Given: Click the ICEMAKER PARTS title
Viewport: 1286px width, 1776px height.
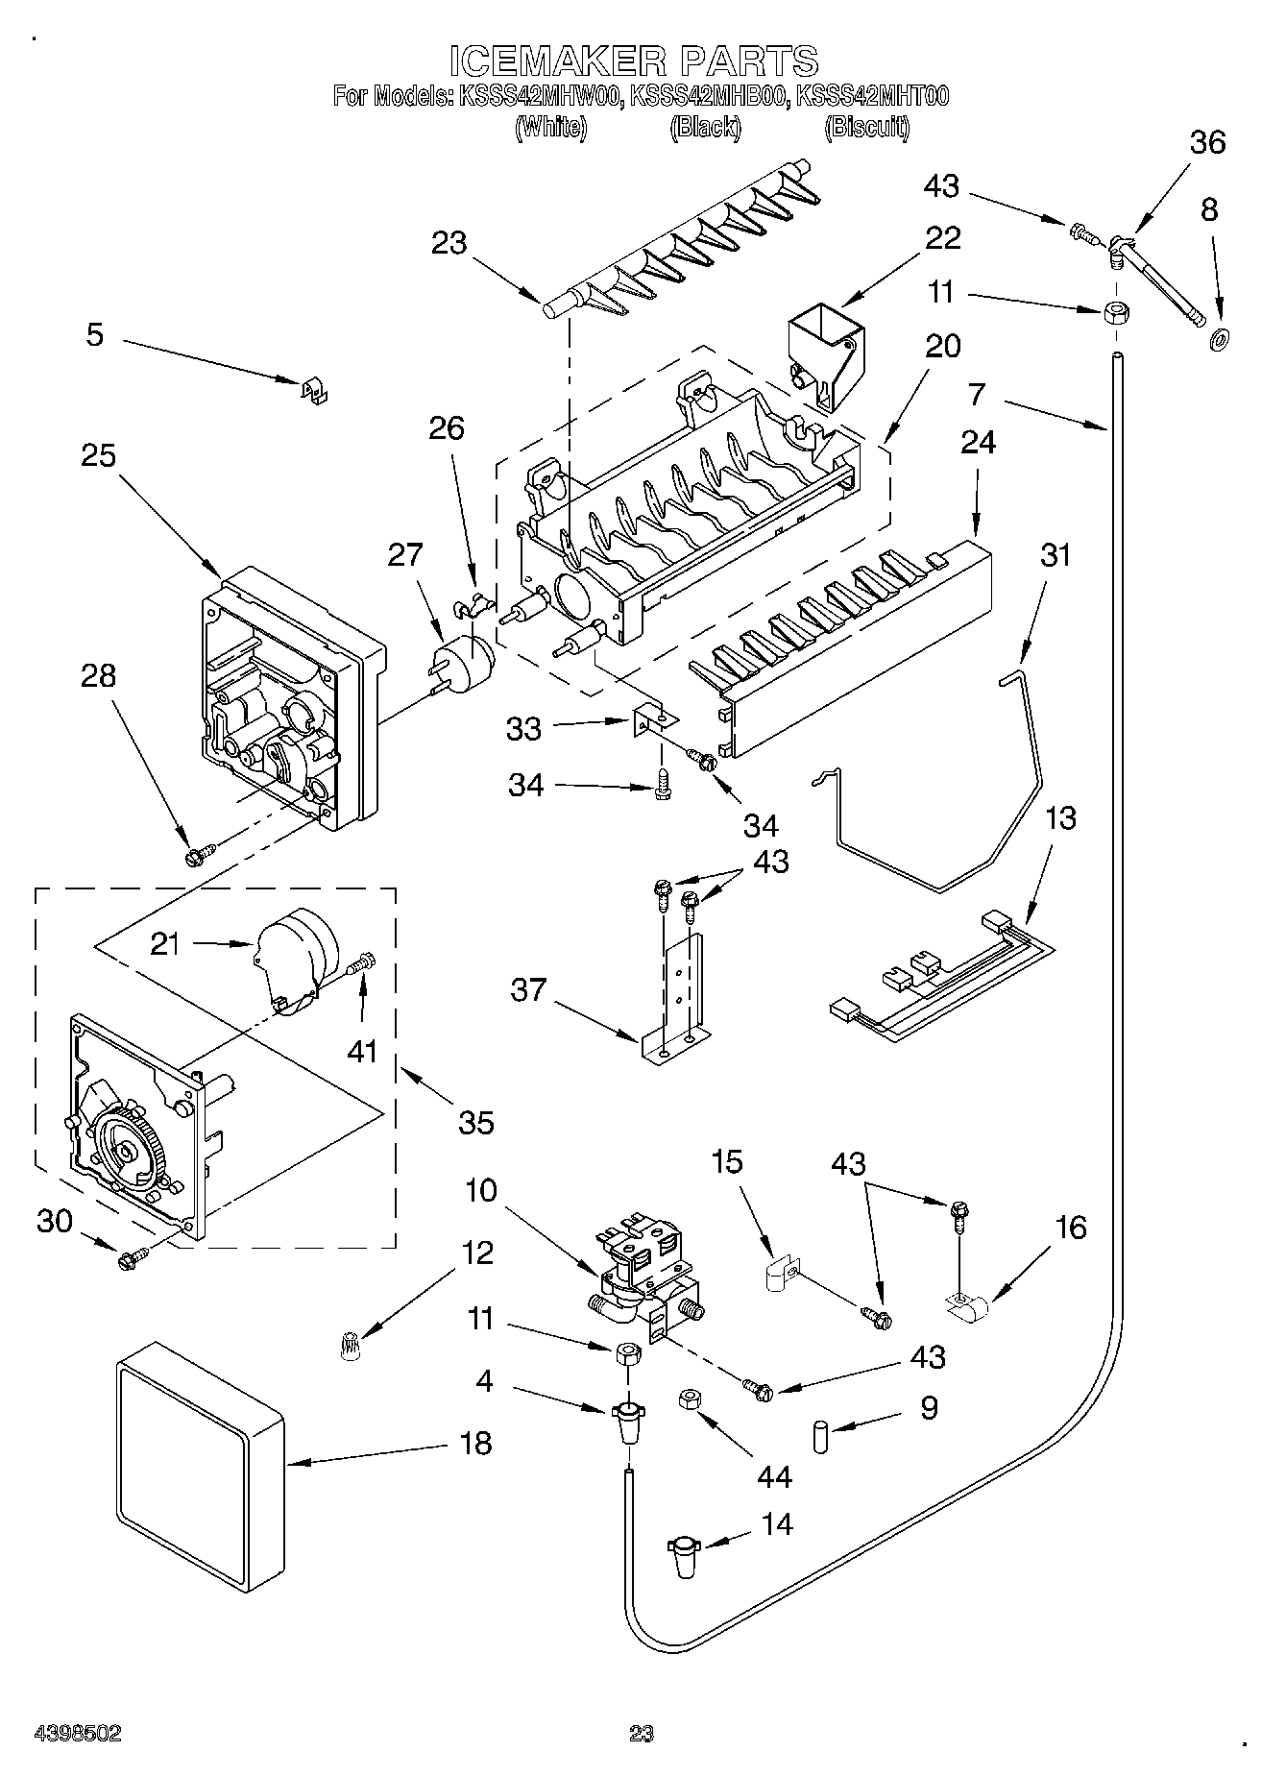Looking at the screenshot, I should (x=635, y=61).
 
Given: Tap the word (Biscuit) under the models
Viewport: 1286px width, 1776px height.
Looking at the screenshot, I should (x=867, y=127).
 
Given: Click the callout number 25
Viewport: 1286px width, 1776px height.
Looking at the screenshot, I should (x=97, y=454).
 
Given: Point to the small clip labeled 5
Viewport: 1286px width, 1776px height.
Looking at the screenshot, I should (x=309, y=389).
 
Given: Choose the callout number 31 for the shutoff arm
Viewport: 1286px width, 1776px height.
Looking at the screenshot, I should (x=1055, y=555).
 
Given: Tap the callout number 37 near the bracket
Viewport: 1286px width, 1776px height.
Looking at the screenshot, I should (x=528, y=989).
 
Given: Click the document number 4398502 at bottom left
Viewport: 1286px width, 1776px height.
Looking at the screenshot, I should (x=78, y=1734).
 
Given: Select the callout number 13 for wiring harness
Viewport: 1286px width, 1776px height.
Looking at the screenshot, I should (x=1060, y=819).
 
